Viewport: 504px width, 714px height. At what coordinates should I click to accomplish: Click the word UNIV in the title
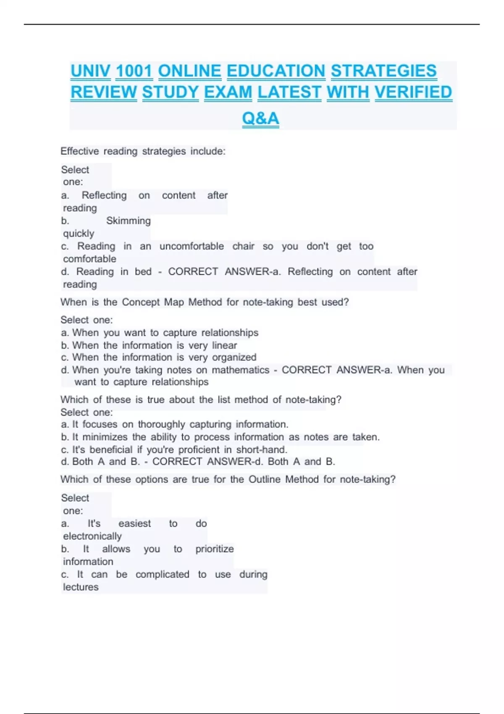90,71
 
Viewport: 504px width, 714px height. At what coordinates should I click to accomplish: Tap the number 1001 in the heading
134,71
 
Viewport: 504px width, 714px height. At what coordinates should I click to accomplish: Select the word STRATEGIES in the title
383,71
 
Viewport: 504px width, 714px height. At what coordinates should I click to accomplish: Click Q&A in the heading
260,118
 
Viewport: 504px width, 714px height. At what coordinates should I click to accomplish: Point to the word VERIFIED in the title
413,92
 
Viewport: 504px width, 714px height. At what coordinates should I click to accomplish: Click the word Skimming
128,221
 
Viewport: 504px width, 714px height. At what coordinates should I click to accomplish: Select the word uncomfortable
192,246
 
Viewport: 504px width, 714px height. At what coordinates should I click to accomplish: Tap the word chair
243,246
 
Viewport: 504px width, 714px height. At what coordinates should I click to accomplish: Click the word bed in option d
143,272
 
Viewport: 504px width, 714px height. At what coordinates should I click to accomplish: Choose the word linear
224,345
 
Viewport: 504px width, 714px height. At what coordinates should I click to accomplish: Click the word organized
234,357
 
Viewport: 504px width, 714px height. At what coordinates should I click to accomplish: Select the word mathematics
240,370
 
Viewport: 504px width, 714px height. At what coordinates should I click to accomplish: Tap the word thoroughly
161,425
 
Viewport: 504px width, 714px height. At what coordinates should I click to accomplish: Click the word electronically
92,536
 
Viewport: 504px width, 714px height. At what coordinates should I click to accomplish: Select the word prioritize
214,549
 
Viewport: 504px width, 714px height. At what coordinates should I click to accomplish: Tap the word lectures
81,587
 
